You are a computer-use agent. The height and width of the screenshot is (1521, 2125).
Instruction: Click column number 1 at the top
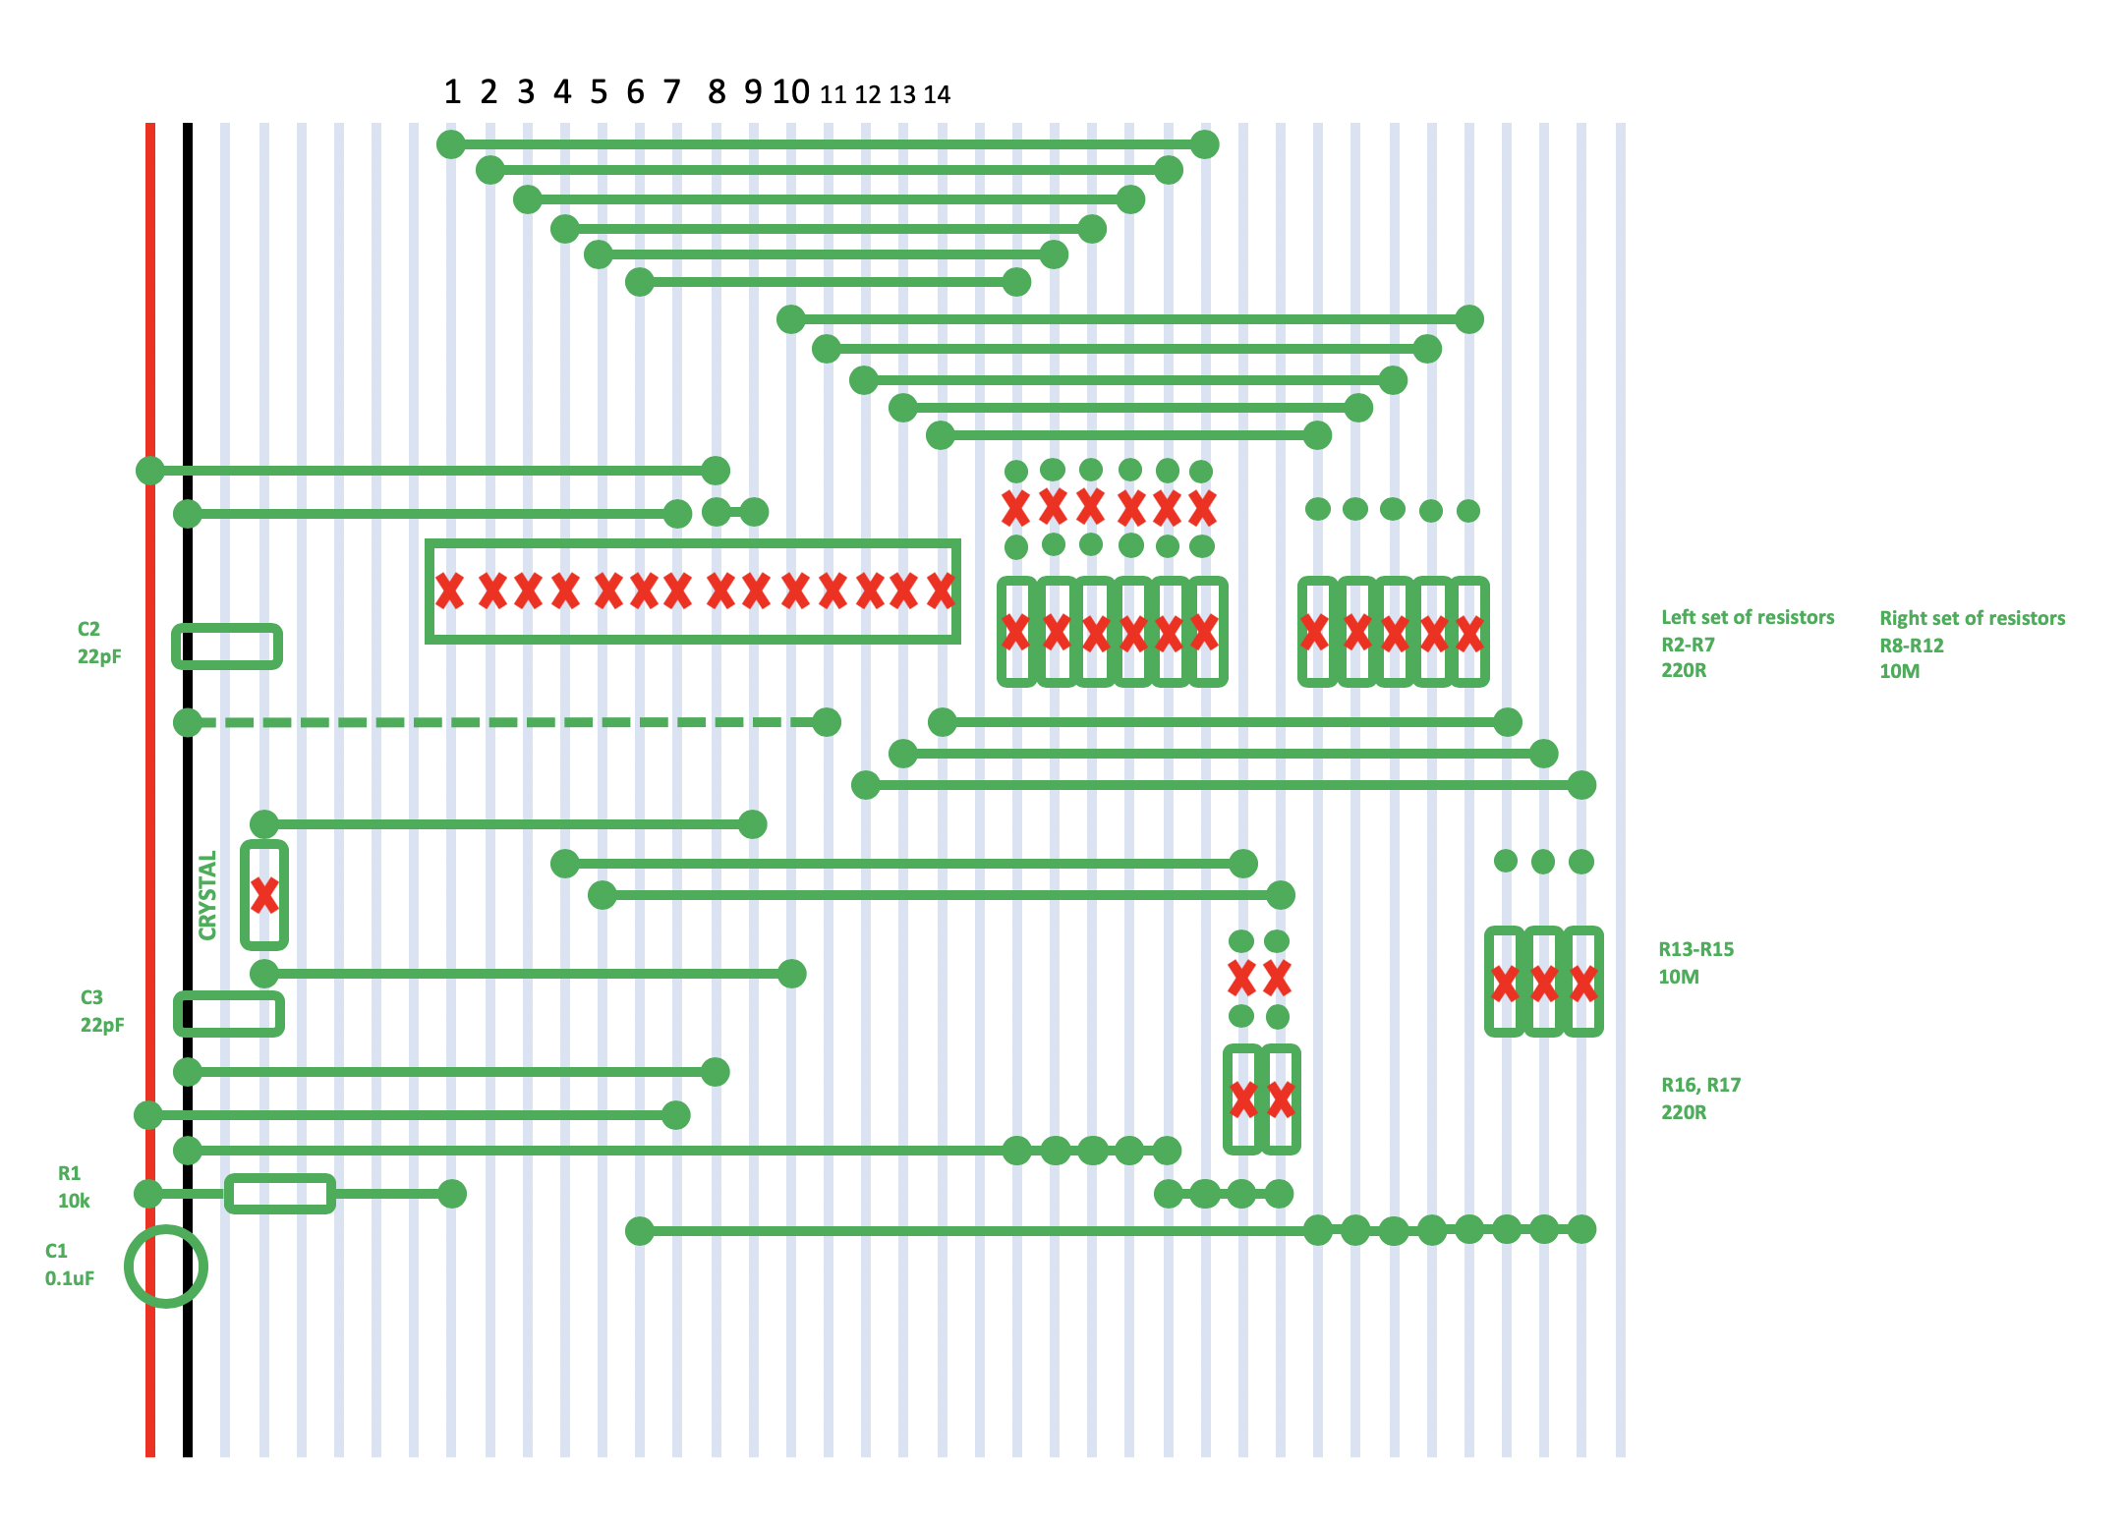pos(452,92)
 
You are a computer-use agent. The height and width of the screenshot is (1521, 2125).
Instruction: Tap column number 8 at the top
pos(717,92)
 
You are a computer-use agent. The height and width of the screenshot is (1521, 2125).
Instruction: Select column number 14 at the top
pos(937,95)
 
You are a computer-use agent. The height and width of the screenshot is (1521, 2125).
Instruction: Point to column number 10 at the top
pos(790,92)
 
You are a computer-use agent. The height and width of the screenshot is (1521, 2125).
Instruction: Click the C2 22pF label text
pos(99,643)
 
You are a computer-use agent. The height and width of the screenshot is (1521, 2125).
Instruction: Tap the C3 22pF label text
pos(101,1011)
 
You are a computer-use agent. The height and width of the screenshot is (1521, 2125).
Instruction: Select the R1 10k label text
pos(73,1187)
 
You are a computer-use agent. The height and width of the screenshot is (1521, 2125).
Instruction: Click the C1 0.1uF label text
pos(69,1265)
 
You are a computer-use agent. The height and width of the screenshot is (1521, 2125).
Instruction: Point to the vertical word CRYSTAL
pos(207,895)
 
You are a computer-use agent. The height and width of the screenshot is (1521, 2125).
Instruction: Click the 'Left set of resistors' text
pos(1747,618)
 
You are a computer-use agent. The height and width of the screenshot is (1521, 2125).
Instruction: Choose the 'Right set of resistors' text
pos(1972,619)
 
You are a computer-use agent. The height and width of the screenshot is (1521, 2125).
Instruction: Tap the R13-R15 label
pos(1695,950)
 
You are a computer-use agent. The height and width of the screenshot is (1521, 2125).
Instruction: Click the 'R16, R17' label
pos(1700,1086)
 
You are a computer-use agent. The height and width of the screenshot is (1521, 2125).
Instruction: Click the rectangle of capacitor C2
pos(227,647)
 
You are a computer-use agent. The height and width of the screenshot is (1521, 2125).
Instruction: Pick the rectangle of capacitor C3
pos(229,1014)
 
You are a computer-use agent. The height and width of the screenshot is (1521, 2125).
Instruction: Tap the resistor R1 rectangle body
pos(280,1194)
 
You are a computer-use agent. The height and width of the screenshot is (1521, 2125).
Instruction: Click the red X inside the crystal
pos(264,895)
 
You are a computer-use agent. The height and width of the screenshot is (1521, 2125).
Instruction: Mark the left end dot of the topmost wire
pos(450,144)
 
